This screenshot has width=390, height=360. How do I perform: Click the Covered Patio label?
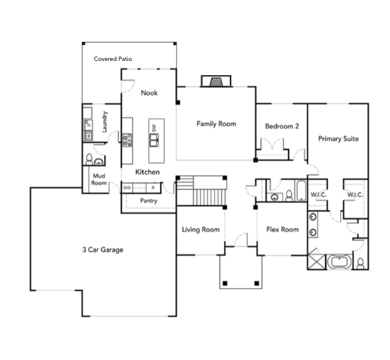(113, 59)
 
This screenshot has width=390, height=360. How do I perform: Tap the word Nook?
(149, 93)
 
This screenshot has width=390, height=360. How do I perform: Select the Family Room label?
(216, 124)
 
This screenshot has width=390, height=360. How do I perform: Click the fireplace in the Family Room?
(215, 82)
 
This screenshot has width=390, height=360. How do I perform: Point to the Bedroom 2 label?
(282, 126)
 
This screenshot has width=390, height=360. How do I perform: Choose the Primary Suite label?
(338, 138)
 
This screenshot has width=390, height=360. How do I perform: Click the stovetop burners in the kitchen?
(127, 140)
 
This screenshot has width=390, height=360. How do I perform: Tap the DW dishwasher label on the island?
(153, 128)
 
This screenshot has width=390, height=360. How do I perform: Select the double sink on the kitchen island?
(154, 140)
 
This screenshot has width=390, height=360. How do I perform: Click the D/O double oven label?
(127, 187)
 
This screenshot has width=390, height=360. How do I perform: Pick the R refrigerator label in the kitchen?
(153, 187)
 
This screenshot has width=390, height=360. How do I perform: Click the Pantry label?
(148, 201)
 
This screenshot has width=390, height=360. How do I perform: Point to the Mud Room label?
(99, 179)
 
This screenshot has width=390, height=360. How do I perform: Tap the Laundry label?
(105, 121)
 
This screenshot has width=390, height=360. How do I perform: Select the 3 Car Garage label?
(103, 249)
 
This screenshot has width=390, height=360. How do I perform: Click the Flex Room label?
(282, 230)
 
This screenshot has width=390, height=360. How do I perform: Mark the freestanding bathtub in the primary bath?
(340, 262)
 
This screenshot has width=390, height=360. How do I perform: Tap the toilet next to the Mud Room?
(90, 159)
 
